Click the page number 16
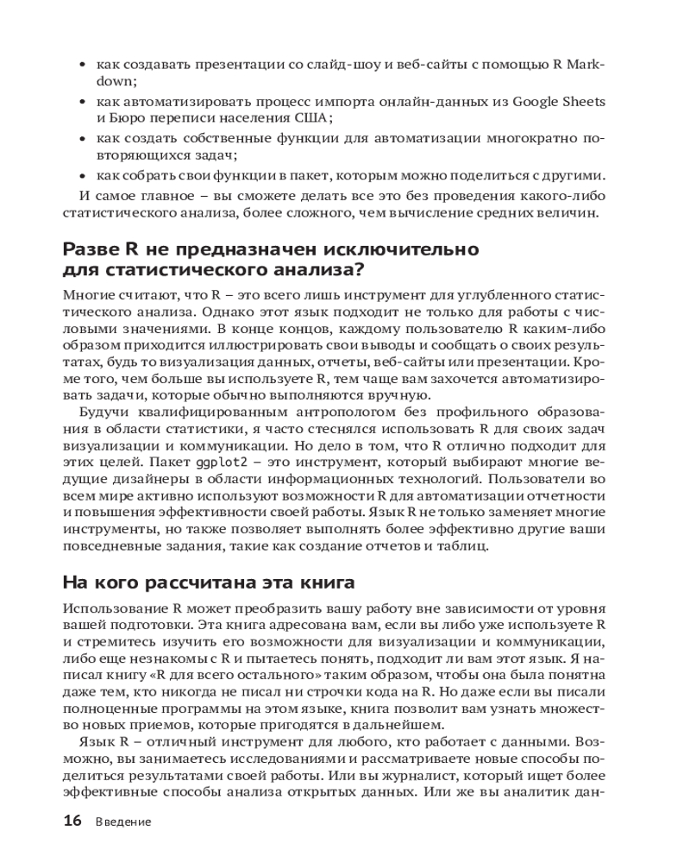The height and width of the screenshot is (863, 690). [72, 821]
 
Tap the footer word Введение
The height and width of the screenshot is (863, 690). [122, 822]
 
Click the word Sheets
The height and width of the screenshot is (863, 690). [584, 102]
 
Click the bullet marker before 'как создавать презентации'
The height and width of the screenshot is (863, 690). [82, 65]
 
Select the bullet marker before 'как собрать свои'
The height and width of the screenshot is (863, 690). [82, 173]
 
